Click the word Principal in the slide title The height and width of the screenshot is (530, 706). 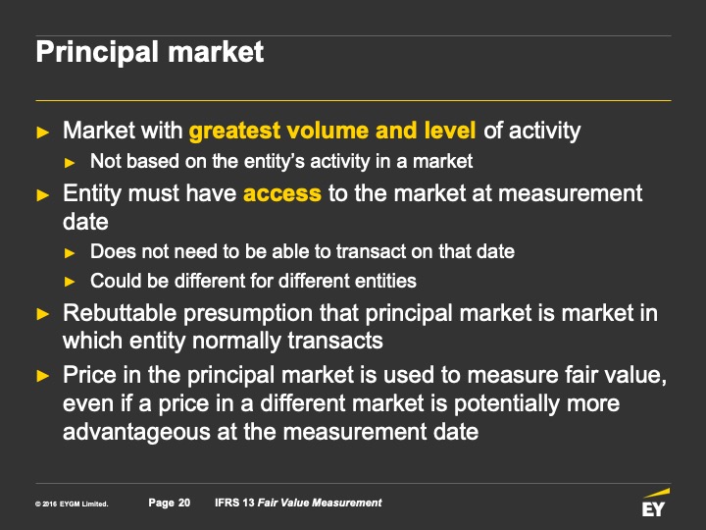pyautogui.click(x=97, y=52)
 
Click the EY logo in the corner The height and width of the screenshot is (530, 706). pyautogui.click(x=655, y=503)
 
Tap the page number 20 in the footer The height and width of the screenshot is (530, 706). pyautogui.click(x=184, y=503)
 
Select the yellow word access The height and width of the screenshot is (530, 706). pyautogui.click(x=282, y=193)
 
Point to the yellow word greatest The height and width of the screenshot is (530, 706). pyautogui.click(x=234, y=132)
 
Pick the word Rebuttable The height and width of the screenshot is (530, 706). pyautogui.click(x=120, y=313)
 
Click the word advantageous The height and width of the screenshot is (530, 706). pyautogui.click(x=136, y=432)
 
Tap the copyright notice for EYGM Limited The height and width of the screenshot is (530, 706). pyautogui.click(x=72, y=503)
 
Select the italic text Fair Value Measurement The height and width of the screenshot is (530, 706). pyautogui.click(x=320, y=503)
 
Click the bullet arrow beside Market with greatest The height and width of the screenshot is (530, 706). pyautogui.click(x=43, y=132)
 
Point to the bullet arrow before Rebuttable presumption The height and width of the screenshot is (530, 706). pyautogui.click(x=43, y=314)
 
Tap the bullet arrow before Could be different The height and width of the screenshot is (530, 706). pyautogui.click(x=70, y=282)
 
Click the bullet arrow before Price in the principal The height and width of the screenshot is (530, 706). pyautogui.click(x=43, y=375)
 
